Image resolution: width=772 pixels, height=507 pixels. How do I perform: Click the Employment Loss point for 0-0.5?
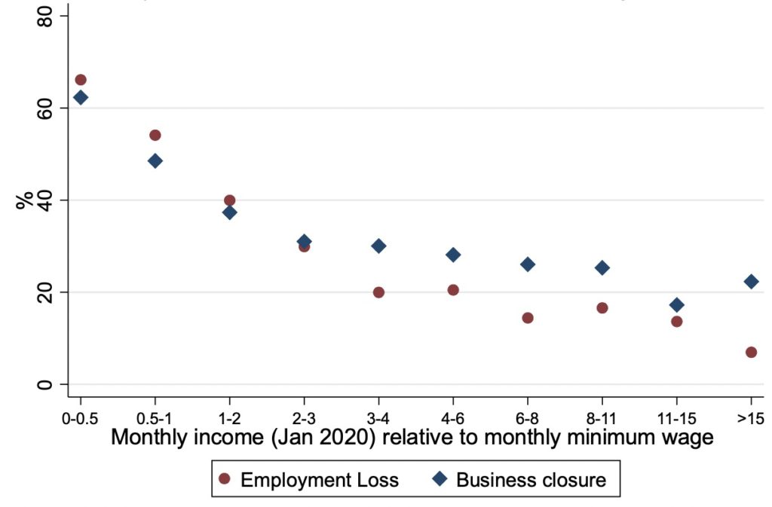81,80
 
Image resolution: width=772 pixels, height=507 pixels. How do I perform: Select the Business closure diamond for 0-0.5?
81,97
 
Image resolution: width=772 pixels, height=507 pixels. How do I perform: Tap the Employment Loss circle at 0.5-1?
155,136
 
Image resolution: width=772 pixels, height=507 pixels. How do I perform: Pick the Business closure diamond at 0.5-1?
155,160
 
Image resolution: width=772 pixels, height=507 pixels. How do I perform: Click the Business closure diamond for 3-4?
378,246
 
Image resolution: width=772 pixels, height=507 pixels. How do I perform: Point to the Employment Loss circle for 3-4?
378,292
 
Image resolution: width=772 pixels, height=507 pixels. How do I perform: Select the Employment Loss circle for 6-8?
528,318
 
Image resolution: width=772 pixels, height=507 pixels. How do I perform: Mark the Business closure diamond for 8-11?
602,267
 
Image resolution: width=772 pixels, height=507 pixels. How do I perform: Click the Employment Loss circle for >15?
751,352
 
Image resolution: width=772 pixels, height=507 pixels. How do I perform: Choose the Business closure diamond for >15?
751,282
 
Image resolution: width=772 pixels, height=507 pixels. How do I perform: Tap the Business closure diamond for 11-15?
676,305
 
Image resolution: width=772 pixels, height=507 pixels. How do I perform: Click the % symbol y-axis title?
25,200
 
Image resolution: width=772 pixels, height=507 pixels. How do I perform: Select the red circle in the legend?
223,480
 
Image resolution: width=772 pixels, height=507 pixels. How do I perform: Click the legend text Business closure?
531,480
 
